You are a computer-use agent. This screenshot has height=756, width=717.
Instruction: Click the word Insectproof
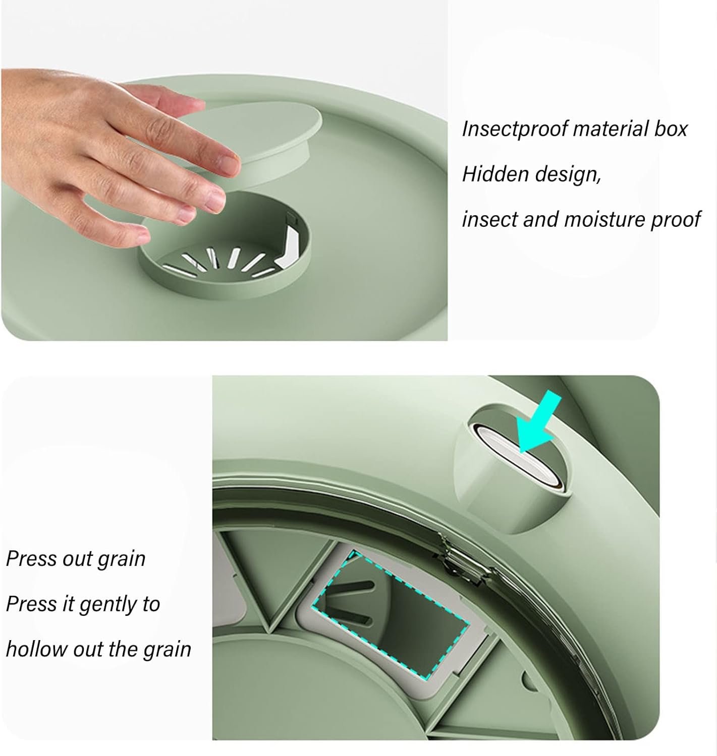tap(515, 129)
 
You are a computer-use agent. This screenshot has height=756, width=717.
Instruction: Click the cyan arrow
tap(537, 422)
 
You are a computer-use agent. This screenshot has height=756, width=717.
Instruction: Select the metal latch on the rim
tap(460, 560)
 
